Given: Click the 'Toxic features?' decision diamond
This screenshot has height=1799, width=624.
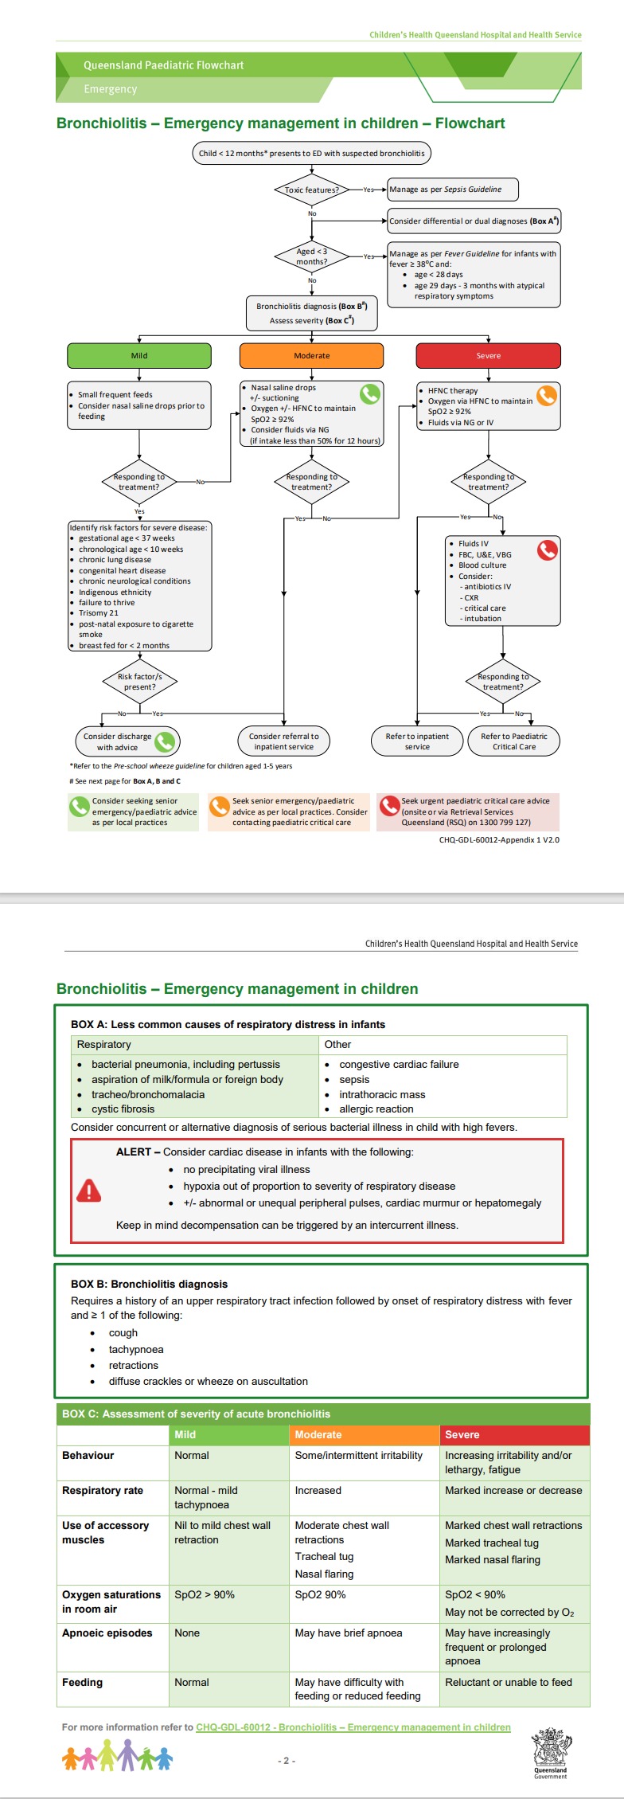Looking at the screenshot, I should coord(312,190).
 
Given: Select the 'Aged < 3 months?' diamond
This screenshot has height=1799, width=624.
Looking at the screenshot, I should coord(312,256).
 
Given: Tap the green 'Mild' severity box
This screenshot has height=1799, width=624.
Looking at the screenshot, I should coord(139,356).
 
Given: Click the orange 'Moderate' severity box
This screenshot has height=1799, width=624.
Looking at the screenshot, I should coord(311,356).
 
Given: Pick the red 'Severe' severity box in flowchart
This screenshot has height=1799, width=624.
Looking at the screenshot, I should coord(488,356).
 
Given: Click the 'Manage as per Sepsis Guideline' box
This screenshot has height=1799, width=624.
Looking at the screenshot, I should coord(452,190).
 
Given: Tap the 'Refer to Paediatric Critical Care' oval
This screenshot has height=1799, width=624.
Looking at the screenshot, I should coord(514,741).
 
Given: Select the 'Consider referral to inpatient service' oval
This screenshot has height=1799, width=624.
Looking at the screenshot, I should coord(284,741).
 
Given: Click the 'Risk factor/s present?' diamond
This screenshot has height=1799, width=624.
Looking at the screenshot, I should coord(140,682).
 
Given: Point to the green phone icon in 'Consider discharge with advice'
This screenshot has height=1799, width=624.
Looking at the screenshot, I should coord(165,741).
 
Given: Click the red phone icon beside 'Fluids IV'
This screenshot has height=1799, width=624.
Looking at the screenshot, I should coord(547,550).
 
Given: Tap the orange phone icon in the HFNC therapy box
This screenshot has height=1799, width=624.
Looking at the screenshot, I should coord(546,396).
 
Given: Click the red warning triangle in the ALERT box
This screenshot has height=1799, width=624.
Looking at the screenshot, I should coord(89,1191).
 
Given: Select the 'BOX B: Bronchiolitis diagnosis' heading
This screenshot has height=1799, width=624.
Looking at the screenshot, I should coord(149,1284).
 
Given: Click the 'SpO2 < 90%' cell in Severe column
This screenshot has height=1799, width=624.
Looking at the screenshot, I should coord(475,1594).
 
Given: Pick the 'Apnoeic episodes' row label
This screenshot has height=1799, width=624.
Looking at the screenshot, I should coord(107,1633).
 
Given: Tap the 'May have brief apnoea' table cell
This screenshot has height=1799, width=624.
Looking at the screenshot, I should coord(349,1633).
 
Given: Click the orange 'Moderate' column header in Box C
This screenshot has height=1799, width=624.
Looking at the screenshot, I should coord(318,1434).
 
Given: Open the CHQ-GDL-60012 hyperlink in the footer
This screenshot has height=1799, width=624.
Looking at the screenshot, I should coord(353,1727).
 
